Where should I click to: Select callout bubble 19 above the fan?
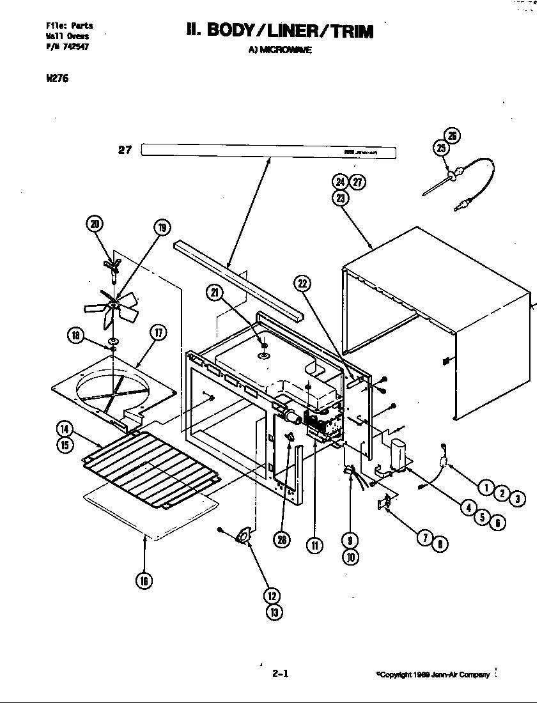162,228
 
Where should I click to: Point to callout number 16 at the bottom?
145,581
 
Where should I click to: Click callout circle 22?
303,283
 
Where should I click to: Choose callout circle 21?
213,293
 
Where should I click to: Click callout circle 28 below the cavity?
282,540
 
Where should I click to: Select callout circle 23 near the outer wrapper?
340,197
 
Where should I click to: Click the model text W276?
57,79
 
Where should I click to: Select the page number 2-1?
281,673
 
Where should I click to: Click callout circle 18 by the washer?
76,335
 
